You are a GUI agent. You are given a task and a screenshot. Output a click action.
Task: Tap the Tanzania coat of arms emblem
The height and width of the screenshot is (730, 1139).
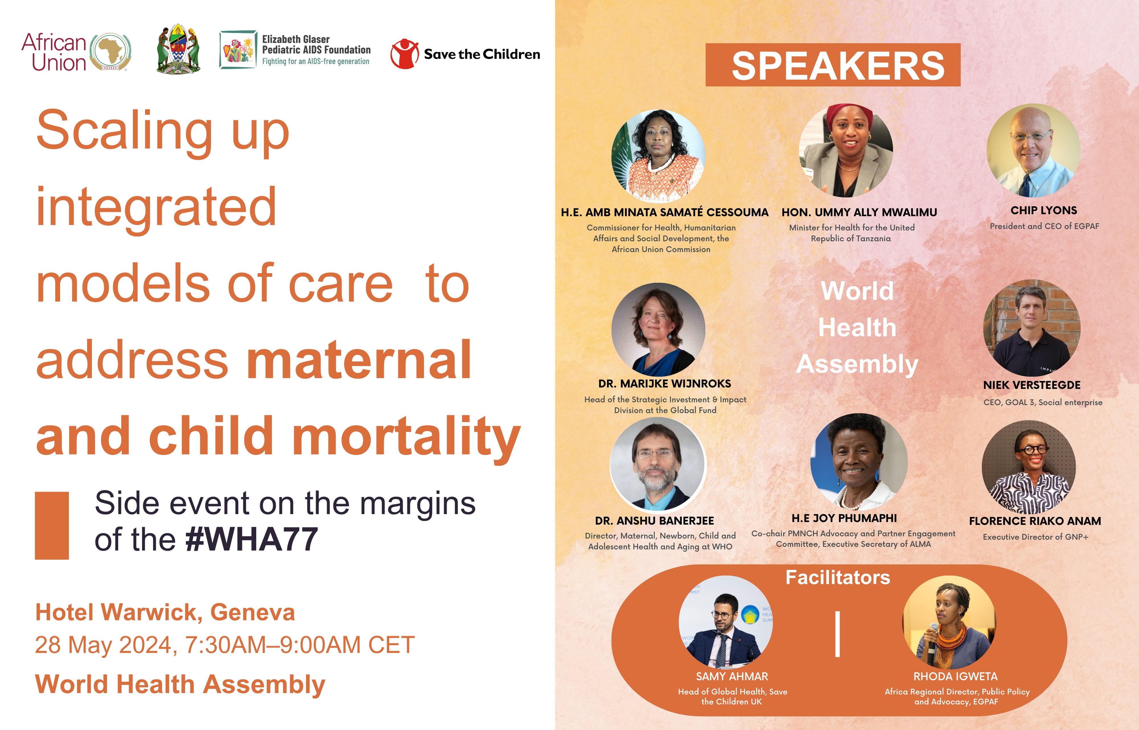178,49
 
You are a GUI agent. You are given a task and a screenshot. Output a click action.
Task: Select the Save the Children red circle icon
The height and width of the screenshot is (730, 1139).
404,54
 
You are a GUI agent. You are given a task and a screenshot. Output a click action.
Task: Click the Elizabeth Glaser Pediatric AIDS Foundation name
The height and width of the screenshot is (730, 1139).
316,45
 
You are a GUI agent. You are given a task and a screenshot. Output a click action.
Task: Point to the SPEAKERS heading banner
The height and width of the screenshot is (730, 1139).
833,65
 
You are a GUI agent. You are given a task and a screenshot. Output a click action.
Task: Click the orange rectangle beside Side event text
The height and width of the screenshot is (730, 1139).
52,525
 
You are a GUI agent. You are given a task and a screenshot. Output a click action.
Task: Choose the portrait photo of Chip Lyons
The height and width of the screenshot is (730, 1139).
1034,150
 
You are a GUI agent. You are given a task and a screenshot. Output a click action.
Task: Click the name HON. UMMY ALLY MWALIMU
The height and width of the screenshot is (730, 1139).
859,212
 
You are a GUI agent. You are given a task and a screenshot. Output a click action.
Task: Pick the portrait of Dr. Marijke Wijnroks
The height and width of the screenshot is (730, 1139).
658,330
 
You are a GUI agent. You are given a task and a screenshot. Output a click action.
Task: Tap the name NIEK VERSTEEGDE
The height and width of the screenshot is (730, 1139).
1032,385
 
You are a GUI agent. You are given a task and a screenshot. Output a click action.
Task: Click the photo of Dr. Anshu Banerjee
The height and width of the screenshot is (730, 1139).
658,464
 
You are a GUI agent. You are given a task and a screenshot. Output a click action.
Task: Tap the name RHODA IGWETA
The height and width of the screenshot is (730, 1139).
956,676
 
